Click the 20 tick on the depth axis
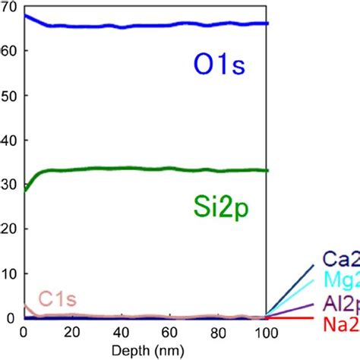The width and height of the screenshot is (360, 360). point(73,332)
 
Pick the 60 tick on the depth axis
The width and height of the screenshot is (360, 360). point(169,332)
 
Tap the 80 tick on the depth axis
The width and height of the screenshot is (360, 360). point(218,332)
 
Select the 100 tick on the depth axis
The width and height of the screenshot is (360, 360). point(265,332)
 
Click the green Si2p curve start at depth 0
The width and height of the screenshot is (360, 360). point(25,189)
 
